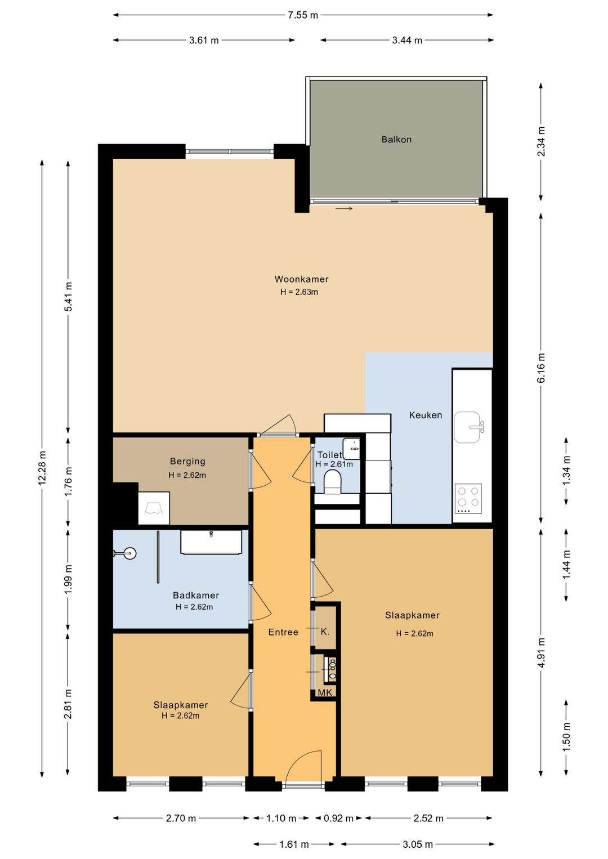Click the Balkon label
tap(396, 139)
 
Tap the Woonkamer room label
tap(301, 279)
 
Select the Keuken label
tap(426, 415)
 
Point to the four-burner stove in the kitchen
tap(468, 499)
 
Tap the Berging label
tap(187, 462)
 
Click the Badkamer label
tap(196, 595)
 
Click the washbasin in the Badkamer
tap(211, 542)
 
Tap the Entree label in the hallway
tap(283, 632)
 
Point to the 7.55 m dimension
tap(303, 15)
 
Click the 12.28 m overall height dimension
tap(42, 468)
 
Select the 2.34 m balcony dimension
tap(541, 141)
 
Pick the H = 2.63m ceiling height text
tap(299, 292)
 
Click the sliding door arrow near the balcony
tap(344, 209)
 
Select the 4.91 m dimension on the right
tap(541, 652)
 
